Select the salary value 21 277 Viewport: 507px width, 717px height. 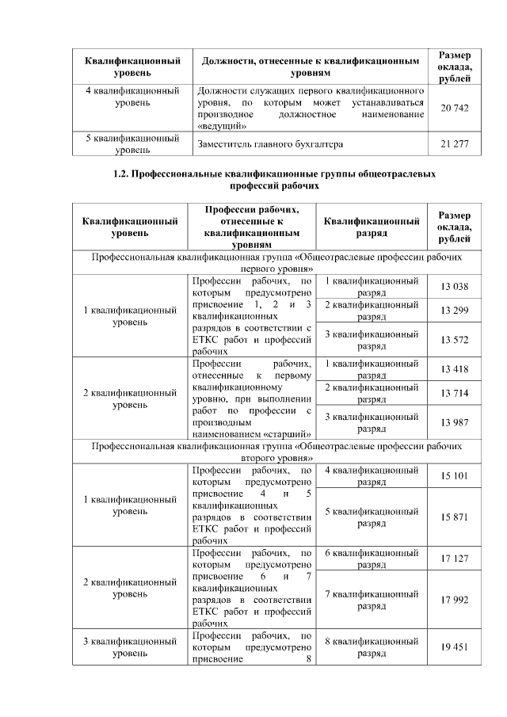455,143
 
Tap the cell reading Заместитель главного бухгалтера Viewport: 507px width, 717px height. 271,143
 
